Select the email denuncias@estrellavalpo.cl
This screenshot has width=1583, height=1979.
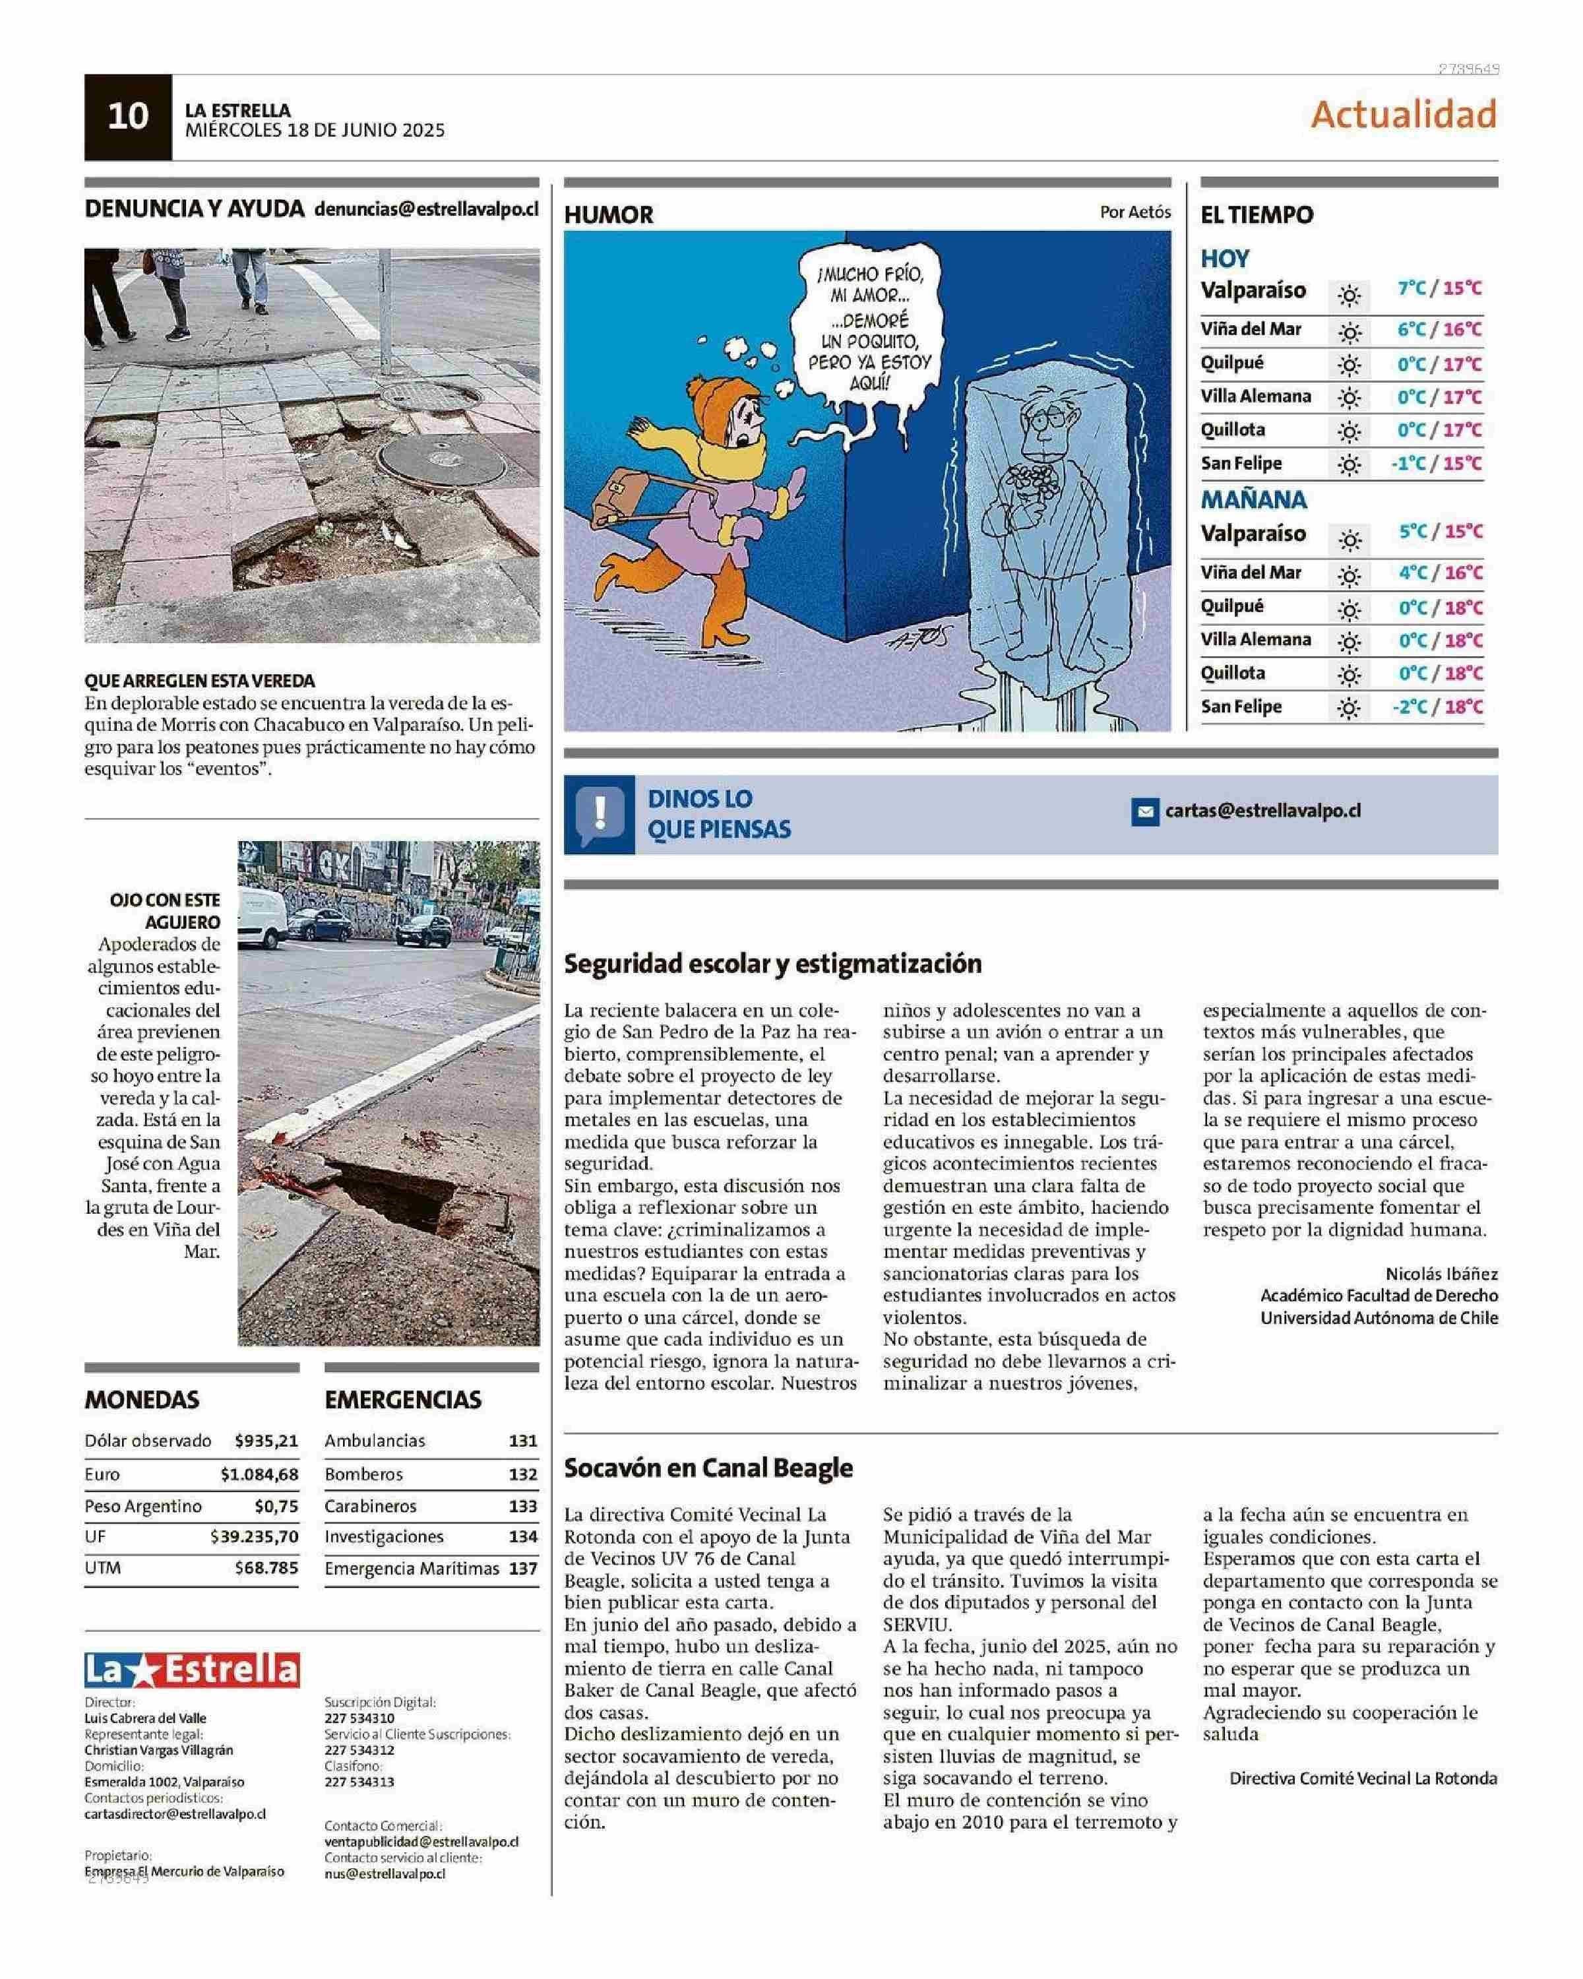click(426, 208)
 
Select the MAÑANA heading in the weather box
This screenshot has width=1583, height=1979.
click(1254, 500)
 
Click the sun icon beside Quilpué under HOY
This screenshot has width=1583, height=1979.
click(1348, 365)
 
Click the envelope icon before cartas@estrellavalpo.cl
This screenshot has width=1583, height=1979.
click(1144, 812)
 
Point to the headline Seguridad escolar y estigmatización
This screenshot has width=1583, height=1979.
click(772, 964)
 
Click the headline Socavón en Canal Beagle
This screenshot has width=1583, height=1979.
click(708, 1468)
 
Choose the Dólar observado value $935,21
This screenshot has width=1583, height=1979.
click(266, 1441)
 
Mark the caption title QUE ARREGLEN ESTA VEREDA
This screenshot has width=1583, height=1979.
click(200, 681)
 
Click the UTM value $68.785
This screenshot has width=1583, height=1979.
click(266, 1568)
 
